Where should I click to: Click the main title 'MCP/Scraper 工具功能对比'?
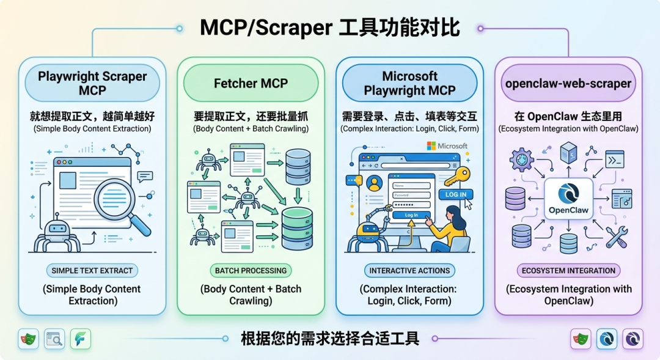(x=330, y=28)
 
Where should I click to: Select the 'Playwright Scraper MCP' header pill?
(x=92, y=83)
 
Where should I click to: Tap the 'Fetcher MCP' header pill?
(x=251, y=83)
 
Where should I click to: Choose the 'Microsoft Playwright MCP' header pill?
(x=409, y=83)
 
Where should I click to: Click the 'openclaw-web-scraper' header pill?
(x=568, y=83)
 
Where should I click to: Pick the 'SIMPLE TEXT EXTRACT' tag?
(x=92, y=270)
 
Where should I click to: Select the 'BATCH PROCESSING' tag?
(x=251, y=270)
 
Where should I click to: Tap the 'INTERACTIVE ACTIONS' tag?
(x=409, y=270)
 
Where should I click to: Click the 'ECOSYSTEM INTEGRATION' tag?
(x=568, y=270)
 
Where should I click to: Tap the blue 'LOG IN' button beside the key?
(x=455, y=194)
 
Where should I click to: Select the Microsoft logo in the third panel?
(x=447, y=146)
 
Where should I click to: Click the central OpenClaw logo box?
(x=568, y=199)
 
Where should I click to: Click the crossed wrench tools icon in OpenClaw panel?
(x=616, y=235)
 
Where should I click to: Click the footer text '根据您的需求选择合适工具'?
(x=330, y=339)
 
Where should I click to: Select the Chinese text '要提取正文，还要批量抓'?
(x=251, y=116)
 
